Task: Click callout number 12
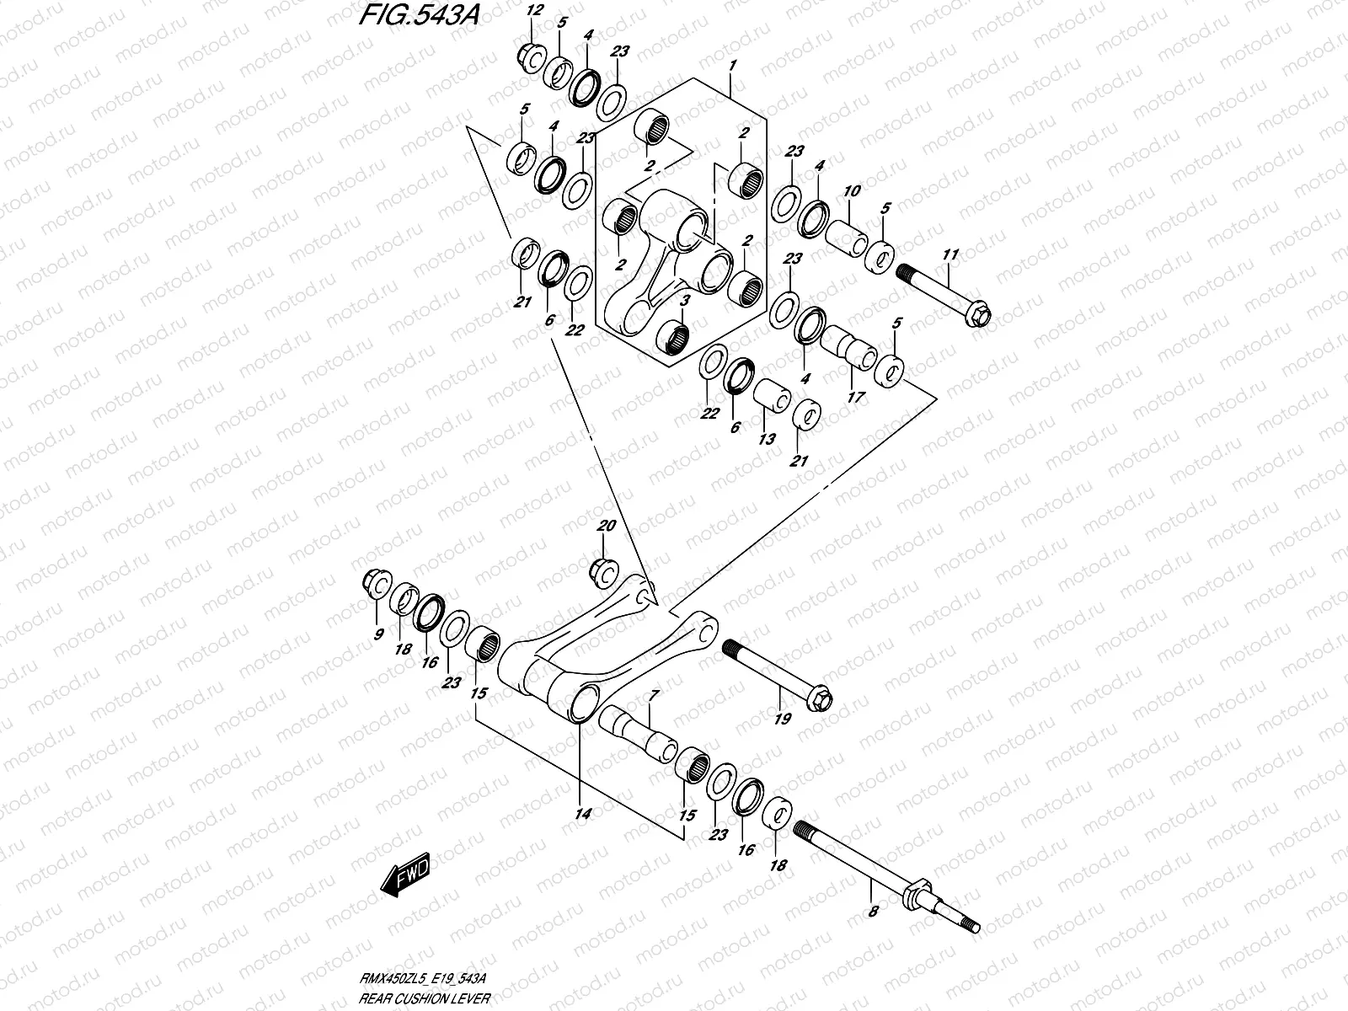point(533,11)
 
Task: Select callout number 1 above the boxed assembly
point(733,65)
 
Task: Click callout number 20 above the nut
point(607,526)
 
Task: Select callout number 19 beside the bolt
point(783,719)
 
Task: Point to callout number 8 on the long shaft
point(874,911)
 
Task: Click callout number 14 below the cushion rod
point(583,814)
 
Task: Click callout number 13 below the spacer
point(767,440)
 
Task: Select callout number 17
point(855,396)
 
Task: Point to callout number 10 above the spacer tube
point(852,191)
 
